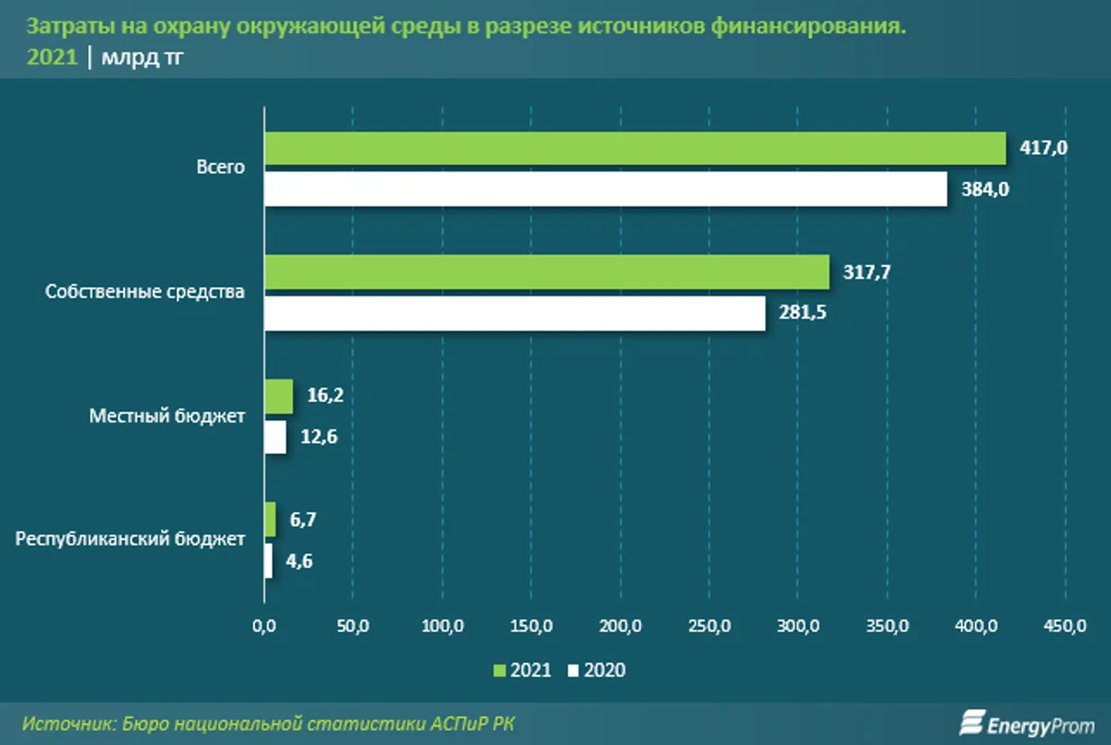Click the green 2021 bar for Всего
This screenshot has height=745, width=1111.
[x=634, y=149]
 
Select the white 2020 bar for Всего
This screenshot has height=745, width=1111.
[x=605, y=189]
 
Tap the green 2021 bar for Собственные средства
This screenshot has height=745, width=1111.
[x=546, y=272]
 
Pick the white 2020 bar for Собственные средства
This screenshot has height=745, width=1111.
[x=514, y=313]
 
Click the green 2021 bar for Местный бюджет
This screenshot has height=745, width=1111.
[x=278, y=397]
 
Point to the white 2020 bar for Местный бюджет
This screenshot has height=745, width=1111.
[x=275, y=437]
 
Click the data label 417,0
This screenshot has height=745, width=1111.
[x=1043, y=148]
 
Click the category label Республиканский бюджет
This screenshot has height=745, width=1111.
[x=130, y=539]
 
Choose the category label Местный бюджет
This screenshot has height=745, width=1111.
[x=167, y=417]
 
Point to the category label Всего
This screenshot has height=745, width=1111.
[x=220, y=168]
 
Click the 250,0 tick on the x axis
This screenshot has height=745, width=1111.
[x=710, y=627]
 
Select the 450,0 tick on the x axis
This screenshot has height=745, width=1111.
[x=1065, y=627]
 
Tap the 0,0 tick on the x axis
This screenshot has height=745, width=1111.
[x=264, y=627]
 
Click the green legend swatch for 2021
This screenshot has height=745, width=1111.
[x=500, y=671]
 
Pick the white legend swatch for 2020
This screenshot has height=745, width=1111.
[x=573, y=671]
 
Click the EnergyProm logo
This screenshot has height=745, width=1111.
[x=1026, y=724]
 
